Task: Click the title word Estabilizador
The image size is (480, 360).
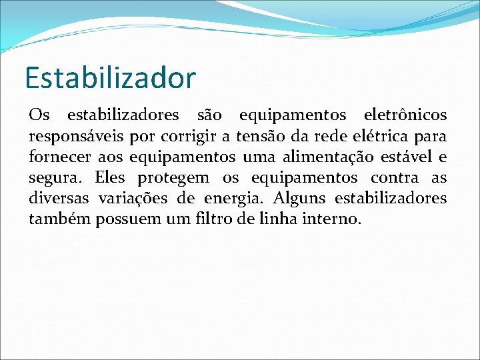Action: [x=110, y=77]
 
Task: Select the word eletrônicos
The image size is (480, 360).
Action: [x=406, y=115]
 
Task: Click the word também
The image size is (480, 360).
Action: [x=59, y=219]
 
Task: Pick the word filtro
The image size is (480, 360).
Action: [x=221, y=219]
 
